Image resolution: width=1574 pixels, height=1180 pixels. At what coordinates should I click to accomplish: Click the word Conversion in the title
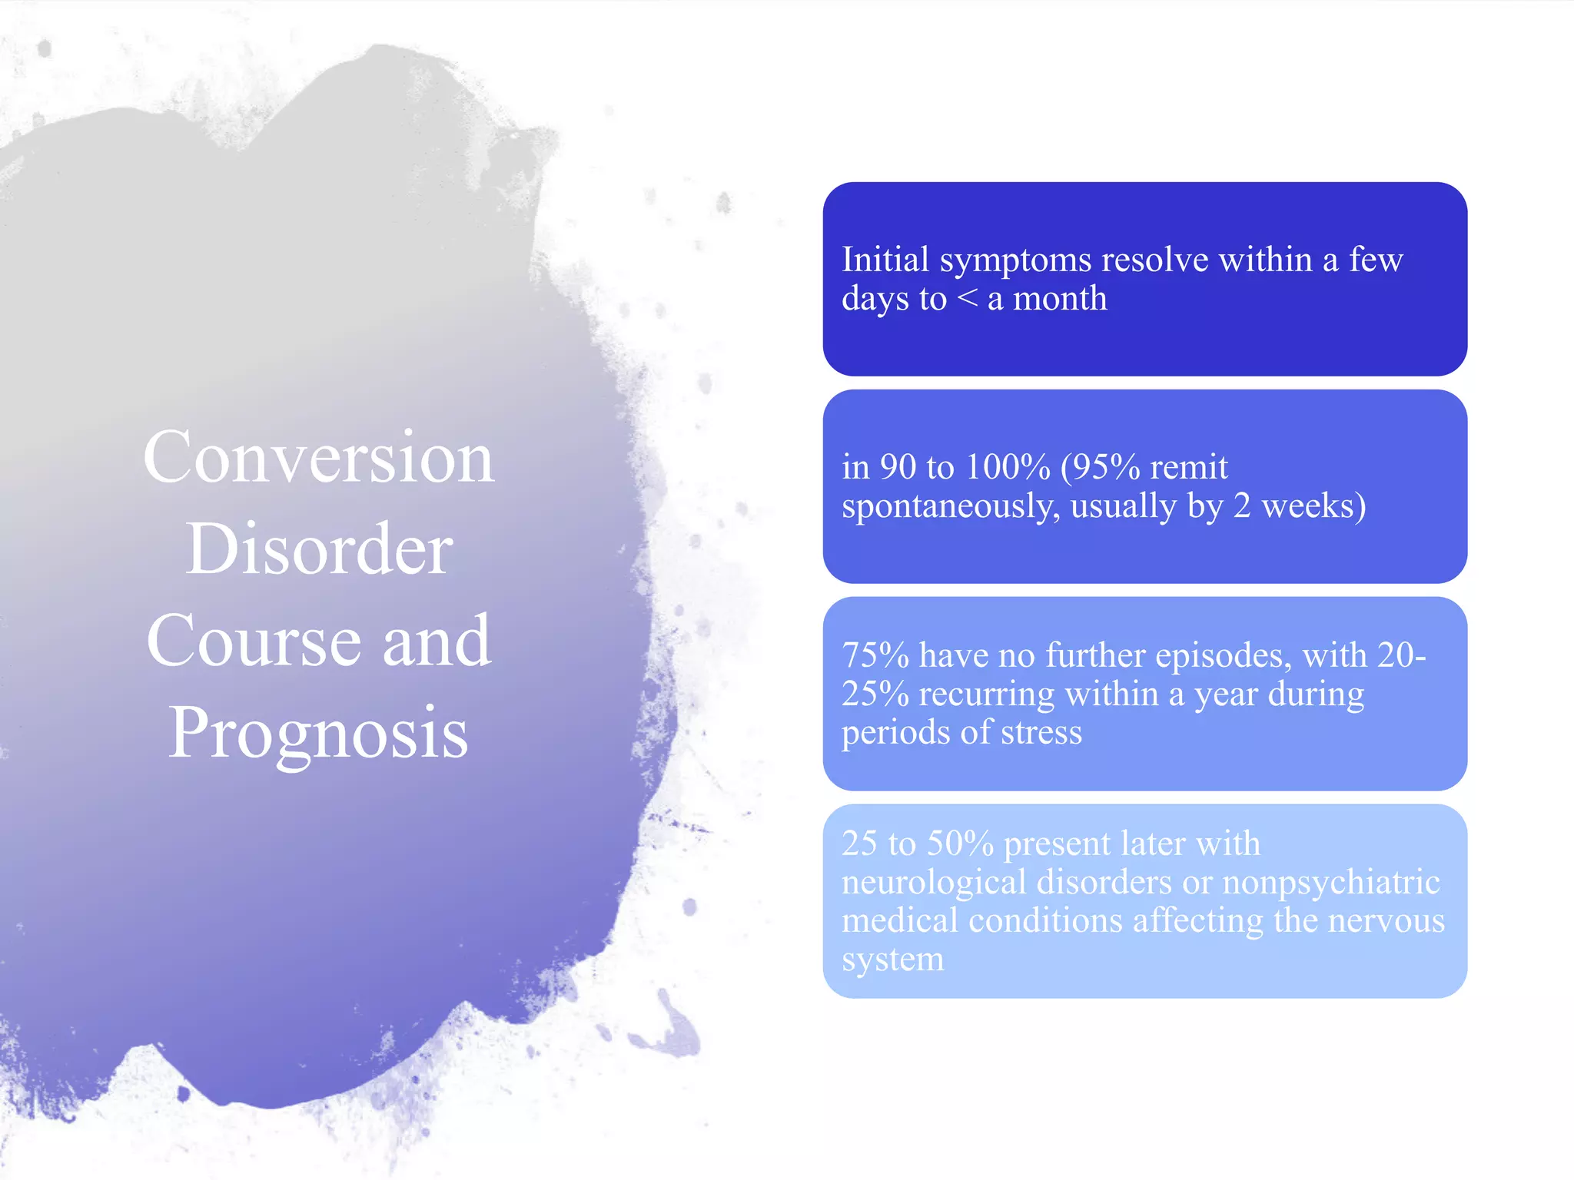(318, 458)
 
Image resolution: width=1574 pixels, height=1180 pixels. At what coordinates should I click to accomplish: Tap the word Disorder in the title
(318, 549)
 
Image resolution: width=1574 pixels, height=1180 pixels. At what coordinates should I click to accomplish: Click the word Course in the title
(254, 641)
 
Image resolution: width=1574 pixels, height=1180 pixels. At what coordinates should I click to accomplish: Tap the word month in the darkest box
(1060, 299)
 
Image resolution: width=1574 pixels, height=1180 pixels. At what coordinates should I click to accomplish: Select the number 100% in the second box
(1008, 467)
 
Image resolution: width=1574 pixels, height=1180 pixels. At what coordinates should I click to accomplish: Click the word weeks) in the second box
(1313, 506)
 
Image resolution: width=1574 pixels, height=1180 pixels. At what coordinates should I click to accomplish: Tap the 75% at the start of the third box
(875, 655)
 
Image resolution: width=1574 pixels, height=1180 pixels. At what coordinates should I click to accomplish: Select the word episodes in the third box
(1223, 655)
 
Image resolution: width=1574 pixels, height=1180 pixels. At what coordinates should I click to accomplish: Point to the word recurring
(987, 694)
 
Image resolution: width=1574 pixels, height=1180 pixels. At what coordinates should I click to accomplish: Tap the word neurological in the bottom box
(934, 882)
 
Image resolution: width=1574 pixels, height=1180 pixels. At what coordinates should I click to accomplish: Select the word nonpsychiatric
(1330, 882)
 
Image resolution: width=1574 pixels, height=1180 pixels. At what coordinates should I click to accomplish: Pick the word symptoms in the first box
(1015, 260)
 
